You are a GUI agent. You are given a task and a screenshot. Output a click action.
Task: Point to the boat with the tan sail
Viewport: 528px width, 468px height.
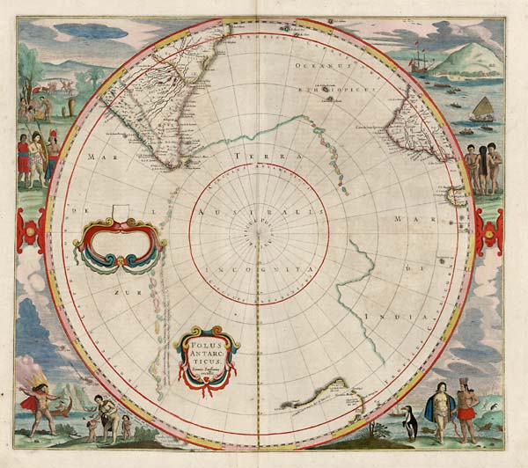coord(482,108)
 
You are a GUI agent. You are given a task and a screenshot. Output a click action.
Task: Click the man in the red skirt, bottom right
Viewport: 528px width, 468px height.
coord(467,408)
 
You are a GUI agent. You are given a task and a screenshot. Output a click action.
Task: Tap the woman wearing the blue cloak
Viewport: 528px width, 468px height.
coord(437,409)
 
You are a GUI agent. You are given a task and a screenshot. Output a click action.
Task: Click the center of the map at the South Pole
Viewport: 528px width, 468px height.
coord(258,232)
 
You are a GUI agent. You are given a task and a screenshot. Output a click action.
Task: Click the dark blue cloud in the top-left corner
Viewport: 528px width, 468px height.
coord(79,32)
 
